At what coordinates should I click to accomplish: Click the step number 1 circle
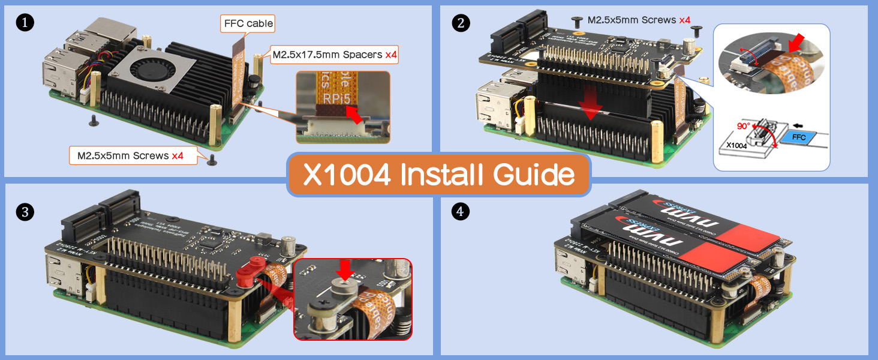point(25,23)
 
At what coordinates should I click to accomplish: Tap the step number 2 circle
point(461,23)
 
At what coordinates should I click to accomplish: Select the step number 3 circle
point(25,212)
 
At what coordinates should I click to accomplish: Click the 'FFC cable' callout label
point(248,24)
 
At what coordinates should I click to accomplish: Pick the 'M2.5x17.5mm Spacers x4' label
point(334,55)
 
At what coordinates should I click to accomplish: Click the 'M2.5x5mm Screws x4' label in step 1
point(130,156)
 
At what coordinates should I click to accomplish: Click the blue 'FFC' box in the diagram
point(798,137)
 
